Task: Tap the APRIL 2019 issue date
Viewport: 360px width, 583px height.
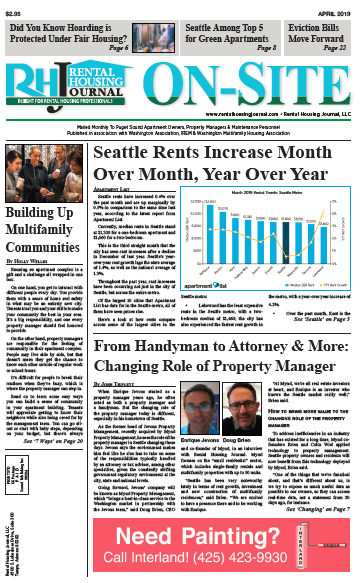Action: coord(338,5)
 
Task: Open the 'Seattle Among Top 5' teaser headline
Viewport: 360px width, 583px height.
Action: coord(221,31)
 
